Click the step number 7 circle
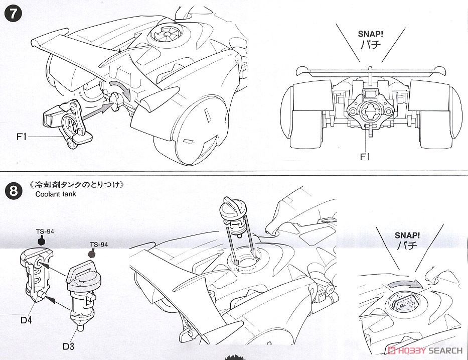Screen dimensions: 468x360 (x=14, y=14)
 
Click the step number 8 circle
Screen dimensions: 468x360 (x=14, y=191)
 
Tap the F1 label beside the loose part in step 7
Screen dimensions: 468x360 (x=22, y=137)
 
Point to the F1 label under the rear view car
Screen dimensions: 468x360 (x=365, y=157)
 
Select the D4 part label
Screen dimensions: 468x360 (x=26, y=320)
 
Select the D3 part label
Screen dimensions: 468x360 (x=68, y=346)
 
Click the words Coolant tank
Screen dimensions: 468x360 (x=56, y=194)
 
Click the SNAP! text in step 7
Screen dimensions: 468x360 (x=370, y=34)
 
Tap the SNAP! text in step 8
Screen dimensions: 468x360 (x=407, y=235)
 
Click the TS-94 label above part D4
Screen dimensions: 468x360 (x=45, y=231)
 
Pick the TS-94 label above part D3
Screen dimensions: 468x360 (x=99, y=245)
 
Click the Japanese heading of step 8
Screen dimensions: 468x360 (x=77, y=184)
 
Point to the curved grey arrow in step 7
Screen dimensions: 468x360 (x=121, y=88)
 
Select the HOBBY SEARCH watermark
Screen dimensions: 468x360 (x=425, y=350)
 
